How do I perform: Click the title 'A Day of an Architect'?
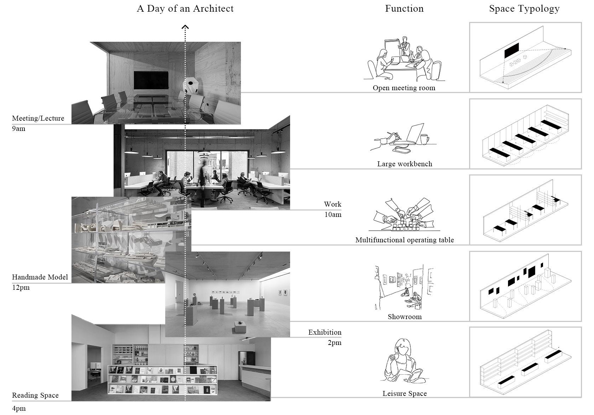pos(185,8)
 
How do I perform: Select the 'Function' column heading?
pos(404,8)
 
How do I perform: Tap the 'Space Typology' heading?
pos(524,9)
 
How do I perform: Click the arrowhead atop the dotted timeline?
pos(185,27)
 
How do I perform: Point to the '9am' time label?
pos(18,129)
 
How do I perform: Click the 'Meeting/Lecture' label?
pos(38,118)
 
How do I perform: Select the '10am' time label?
pos(333,214)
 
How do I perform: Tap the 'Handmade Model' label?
pos(40,277)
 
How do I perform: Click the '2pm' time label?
pos(334,342)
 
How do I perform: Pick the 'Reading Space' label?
pos(35,396)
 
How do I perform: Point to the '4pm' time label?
pos(19,408)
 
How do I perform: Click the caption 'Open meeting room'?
pos(404,88)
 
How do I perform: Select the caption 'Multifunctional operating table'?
pos(404,240)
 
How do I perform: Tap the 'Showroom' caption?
pos(404,317)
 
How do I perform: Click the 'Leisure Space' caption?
pos(404,393)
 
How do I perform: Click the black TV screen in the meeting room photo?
pos(151,80)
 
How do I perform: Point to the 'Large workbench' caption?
pos(404,164)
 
